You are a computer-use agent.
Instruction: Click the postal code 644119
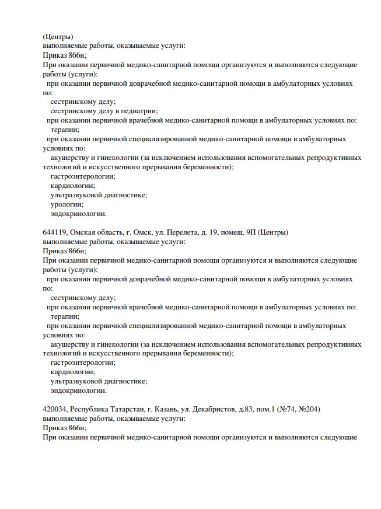point(55,232)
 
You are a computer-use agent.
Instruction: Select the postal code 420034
point(55,409)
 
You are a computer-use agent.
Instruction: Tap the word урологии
point(67,204)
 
